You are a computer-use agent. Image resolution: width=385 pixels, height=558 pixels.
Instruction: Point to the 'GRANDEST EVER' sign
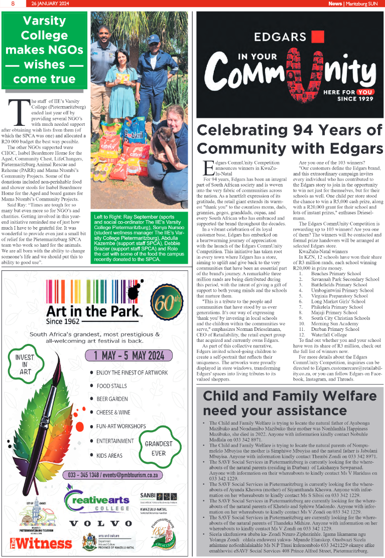pos(159,448)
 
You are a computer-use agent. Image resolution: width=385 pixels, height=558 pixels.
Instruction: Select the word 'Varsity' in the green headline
pos(45,21)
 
